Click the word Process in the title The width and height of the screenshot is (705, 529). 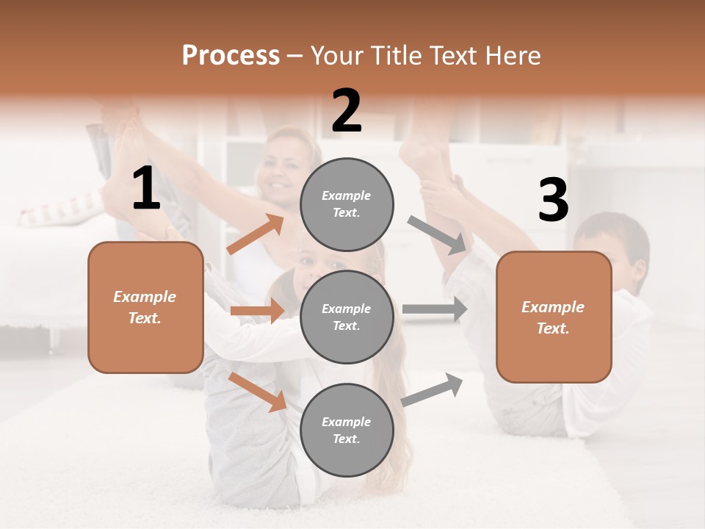pos(231,56)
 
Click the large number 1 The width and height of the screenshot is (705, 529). pos(146,189)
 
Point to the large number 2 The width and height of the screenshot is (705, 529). pos(347,111)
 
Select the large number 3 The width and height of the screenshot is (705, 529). pos(553,200)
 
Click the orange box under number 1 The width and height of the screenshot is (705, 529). pos(145,307)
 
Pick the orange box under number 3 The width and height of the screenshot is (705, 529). pos(554,317)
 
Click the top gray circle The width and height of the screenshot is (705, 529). pos(347,204)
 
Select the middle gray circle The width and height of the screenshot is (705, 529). pos(347,317)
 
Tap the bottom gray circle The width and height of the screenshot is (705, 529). pos(347,430)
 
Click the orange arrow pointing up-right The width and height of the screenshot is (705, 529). pos(256,234)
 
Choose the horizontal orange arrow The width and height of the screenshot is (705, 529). pos(257,311)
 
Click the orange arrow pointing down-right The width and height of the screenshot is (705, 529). pos(258,392)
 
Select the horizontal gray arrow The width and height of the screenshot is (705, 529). pos(435,309)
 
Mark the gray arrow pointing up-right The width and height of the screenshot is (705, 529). pos(432,389)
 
